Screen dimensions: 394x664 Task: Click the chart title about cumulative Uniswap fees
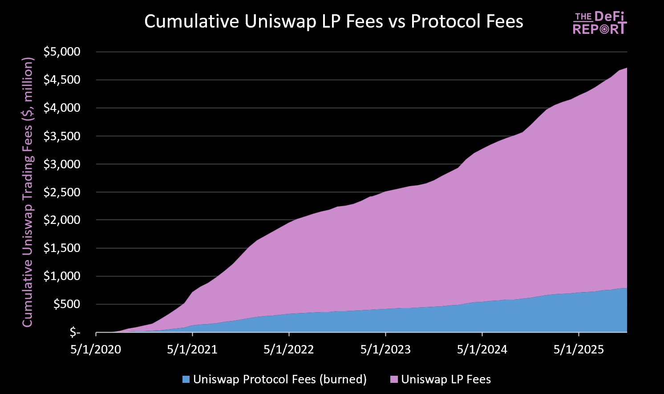pyautogui.click(x=334, y=22)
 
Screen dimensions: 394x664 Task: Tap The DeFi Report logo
pyautogui.click(x=599, y=23)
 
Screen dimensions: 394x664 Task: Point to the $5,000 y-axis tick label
pyautogui.click(x=62, y=52)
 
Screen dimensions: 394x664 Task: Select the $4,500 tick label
pyautogui.click(x=62, y=80)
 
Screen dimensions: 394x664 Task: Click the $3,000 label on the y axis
pyautogui.click(x=62, y=164)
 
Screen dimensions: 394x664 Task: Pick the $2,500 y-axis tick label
pyautogui.click(x=62, y=192)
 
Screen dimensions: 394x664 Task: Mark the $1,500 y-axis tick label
pyautogui.click(x=62, y=248)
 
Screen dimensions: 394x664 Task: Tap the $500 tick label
pyautogui.click(x=67, y=305)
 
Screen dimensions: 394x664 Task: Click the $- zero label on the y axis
pyautogui.click(x=75, y=333)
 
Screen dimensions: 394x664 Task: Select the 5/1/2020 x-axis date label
pyautogui.click(x=96, y=349)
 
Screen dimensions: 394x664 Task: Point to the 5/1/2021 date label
pyautogui.click(x=192, y=349)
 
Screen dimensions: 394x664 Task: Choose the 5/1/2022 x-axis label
pyautogui.click(x=289, y=349)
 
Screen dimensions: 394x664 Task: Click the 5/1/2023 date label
pyautogui.click(x=385, y=349)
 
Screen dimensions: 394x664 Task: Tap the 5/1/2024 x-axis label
pyautogui.click(x=482, y=349)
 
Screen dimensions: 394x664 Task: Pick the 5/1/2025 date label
pyautogui.click(x=579, y=349)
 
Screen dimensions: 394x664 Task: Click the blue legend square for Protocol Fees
pyautogui.click(x=186, y=380)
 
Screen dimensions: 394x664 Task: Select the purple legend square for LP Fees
pyautogui.click(x=394, y=380)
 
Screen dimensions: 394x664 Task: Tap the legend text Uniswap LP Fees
pyautogui.click(x=446, y=379)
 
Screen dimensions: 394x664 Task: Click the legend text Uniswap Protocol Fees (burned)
pyautogui.click(x=280, y=379)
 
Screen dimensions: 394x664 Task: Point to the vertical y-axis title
pyautogui.click(x=28, y=192)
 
